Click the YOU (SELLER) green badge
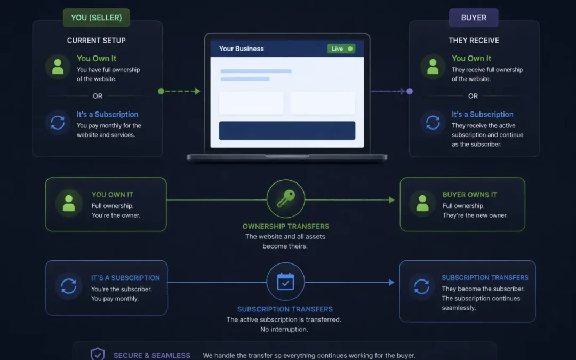pyautogui.click(x=96, y=18)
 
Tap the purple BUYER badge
pyautogui.click(x=474, y=18)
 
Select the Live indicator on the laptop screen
pyautogui.click(x=341, y=49)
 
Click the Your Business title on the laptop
pyautogui.click(x=242, y=49)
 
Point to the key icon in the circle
pyautogui.click(x=286, y=198)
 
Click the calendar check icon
pyautogui.click(x=285, y=282)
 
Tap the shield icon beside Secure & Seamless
pyautogui.click(x=98, y=354)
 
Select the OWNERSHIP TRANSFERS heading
pyautogui.click(x=286, y=226)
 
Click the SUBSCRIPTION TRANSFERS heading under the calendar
pyautogui.click(x=285, y=309)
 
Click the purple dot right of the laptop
pyautogui.click(x=410, y=91)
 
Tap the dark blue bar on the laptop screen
pyautogui.click(x=287, y=131)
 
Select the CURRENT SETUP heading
pyautogui.click(x=96, y=41)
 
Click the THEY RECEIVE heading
pyautogui.click(x=474, y=41)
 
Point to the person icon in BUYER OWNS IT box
pyautogui.click(x=422, y=203)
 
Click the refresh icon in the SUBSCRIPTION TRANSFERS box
pyautogui.click(x=421, y=286)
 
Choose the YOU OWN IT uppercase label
pyautogui.click(x=113, y=195)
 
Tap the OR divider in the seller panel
pyautogui.click(x=98, y=96)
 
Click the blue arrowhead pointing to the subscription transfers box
pyautogui.click(x=391, y=283)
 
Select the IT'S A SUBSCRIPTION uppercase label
pyautogui.click(x=125, y=278)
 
